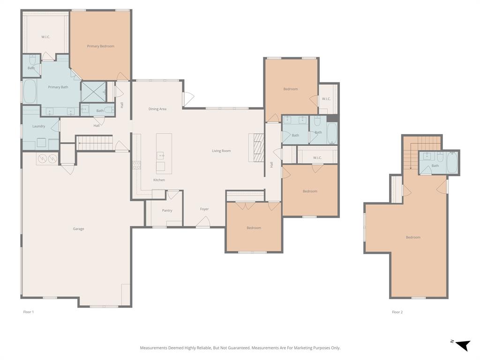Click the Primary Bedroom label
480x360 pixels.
pyautogui.click(x=100, y=46)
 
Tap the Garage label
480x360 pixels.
pyautogui.click(x=78, y=229)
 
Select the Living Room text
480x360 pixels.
pyautogui.click(x=221, y=151)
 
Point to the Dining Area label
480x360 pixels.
pyautogui.click(x=157, y=109)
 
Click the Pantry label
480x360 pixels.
pyautogui.click(x=167, y=210)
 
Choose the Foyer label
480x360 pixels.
pyautogui.click(x=204, y=209)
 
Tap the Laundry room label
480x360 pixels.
pyautogui.click(x=39, y=126)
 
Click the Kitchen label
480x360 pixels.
pyautogui.click(x=159, y=180)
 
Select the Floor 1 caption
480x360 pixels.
pyautogui.click(x=29, y=312)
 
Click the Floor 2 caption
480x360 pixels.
pyautogui.click(x=397, y=312)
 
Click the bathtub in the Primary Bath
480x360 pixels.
pyautogui.click(x=30, y=91)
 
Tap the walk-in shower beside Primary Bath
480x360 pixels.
pyautogui.click(x=93, y=92)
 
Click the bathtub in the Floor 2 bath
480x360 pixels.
pyautogui.click(x=452, y=162)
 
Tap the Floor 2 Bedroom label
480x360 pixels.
pyautogui.click(x=413, y=237)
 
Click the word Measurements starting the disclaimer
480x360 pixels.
pyautogui.click(x=154, y=348)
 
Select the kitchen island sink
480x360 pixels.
pyautogui.click(x=161, y=155)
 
